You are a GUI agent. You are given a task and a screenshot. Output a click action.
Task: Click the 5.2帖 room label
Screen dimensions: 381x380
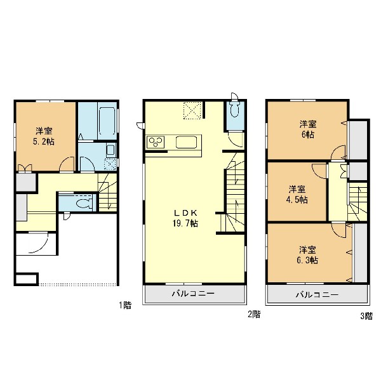click(44, 136)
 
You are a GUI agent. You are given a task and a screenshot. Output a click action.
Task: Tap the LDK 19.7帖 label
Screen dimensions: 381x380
click(185, 218)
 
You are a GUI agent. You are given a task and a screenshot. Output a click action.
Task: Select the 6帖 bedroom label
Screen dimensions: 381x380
click(308, 129)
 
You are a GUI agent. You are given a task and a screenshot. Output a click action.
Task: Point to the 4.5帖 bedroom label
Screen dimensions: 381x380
click(297, 195)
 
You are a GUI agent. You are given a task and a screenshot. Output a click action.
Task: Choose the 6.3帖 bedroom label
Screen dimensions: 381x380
click(307, 255)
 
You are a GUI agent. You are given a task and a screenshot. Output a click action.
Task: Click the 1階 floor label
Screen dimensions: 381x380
click(125, 305)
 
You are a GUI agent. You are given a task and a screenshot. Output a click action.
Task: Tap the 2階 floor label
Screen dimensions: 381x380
click(254, 315)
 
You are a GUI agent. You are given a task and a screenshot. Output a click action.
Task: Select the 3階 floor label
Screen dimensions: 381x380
click(366, 316)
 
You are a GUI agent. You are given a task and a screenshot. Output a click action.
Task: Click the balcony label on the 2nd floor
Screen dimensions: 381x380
click(194, 294)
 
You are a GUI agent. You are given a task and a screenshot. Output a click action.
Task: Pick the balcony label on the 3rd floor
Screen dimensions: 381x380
click(317, 295)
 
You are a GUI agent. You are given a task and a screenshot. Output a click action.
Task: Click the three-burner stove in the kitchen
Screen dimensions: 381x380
click(156, 143)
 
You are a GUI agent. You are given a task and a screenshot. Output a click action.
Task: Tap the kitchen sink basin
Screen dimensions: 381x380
click(186, 142)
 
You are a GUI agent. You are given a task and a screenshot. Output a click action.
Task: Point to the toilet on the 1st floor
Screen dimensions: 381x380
click(83, 203)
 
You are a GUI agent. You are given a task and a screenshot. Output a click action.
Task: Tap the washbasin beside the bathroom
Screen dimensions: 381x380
click(110, 150)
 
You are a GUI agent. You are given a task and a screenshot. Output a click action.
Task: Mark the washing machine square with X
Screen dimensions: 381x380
click(110, 164)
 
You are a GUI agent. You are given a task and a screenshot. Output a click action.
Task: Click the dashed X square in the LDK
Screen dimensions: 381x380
click(192, 110)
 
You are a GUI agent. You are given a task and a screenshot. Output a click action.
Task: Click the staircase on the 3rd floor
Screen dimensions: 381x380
click(357, 201)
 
